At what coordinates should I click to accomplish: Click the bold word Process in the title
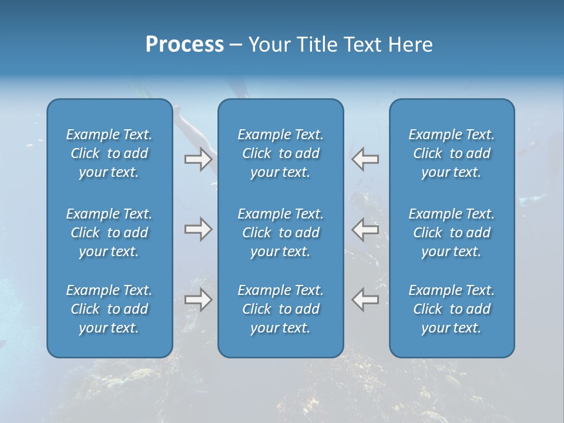click(184, 45)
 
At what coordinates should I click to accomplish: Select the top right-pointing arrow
click(198, 159)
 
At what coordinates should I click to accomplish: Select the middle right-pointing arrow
click(198, 229)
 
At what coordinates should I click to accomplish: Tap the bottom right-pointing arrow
click(198, 300)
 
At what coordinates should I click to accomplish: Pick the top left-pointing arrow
click(365, 159)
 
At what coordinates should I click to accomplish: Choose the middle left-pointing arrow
click(365, 229)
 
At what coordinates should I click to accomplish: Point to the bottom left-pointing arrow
click(365, 300)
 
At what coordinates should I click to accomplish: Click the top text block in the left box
click(109, 153)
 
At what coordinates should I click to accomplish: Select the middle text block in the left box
click(109, 233)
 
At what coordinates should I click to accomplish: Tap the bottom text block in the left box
click(109, 309)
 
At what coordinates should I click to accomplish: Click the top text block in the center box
click(281, 153)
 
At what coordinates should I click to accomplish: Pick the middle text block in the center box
click(281, 233)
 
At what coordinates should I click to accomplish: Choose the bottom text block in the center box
click(281, 309)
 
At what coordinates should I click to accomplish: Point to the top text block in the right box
click(452, 153)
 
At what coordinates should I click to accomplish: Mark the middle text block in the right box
click(452, 233)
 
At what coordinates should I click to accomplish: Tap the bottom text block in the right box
click(452, 309)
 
